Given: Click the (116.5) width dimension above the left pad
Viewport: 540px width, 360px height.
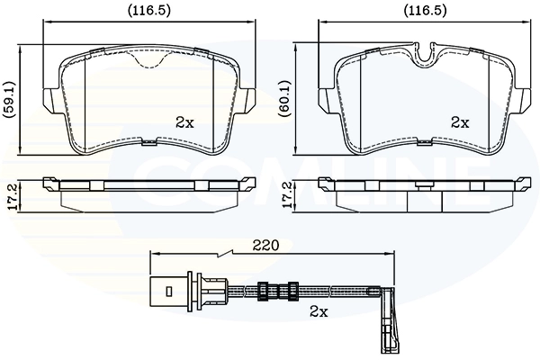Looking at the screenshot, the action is pos(149,11).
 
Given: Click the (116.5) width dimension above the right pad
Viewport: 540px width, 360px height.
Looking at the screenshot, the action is pos(425,11).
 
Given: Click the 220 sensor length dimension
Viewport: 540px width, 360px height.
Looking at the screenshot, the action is pos(265,246).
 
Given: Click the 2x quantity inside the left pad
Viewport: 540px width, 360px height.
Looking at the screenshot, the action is pos(184,122).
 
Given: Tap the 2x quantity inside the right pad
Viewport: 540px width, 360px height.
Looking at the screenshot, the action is pos(460,122).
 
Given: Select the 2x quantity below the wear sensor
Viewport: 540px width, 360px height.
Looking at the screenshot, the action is pos(319,311).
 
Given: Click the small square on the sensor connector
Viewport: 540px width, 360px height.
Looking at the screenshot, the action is pos(169,292).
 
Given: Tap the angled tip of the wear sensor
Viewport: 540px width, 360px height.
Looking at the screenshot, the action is pos(389,321).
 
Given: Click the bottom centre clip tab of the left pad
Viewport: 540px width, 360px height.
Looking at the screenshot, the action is pos(149,141).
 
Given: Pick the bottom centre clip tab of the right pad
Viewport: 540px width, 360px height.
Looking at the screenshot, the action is pos(425,141).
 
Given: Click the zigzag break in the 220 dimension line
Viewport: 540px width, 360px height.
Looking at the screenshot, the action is pos(224,254).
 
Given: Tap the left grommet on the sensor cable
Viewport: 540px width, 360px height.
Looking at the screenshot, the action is pos(263,292).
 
